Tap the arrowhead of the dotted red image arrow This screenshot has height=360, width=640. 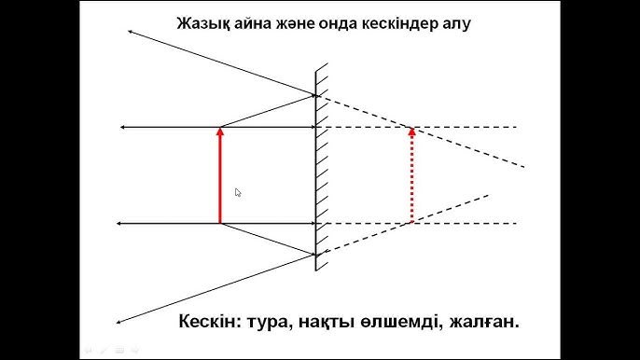click(411, 131)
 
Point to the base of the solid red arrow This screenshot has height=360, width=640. click(220, 223)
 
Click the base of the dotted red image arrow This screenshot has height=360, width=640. click(411, 223)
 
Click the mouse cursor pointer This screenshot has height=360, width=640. click(238, 193)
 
